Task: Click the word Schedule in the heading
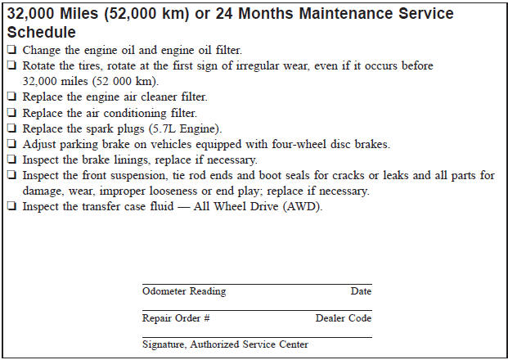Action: pos(41,33)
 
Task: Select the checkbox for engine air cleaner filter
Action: pos(11,97)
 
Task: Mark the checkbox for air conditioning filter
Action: pos(11,113)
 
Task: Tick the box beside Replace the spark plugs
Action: pos(11,128)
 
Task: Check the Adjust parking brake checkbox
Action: pos(11,144)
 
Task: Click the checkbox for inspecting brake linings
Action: pos(11,160)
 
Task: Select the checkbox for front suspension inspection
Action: pos(11,175)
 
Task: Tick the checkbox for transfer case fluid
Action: pos(11,206)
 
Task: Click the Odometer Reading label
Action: pos(184,291)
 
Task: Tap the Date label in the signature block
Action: pos(361,291)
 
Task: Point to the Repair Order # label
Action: pos(176,318)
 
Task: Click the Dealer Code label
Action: pos(344,318)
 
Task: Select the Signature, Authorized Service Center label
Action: pos(225,344)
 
